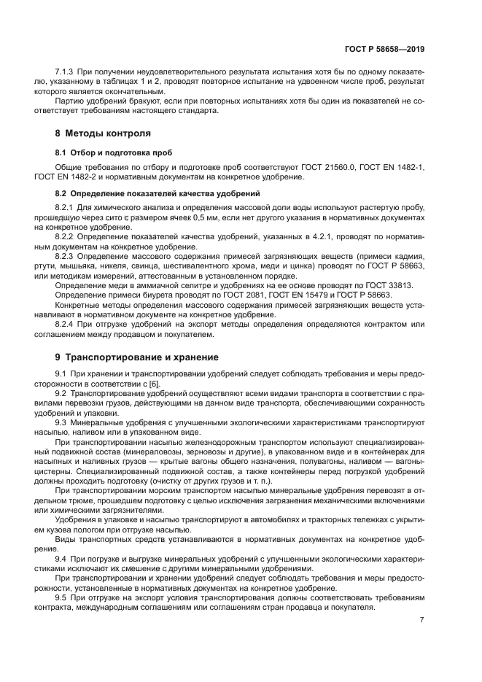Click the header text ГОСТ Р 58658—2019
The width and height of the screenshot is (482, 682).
pyautogui.click(x=384, y=50)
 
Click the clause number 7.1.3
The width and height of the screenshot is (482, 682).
pyautogui.click(x=66, y=75)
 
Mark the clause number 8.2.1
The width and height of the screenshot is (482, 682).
pyautogui.click(x=66, y=209)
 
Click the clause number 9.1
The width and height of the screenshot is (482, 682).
pyautogui.click(x=62, y=374)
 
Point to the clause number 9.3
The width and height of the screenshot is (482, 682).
pyautogui.click(x=62, y=422)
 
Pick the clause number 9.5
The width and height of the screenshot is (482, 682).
pyautogui.click(x=62, y=596)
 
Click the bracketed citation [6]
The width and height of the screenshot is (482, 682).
pyautogui.click(x=153, y=384)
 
